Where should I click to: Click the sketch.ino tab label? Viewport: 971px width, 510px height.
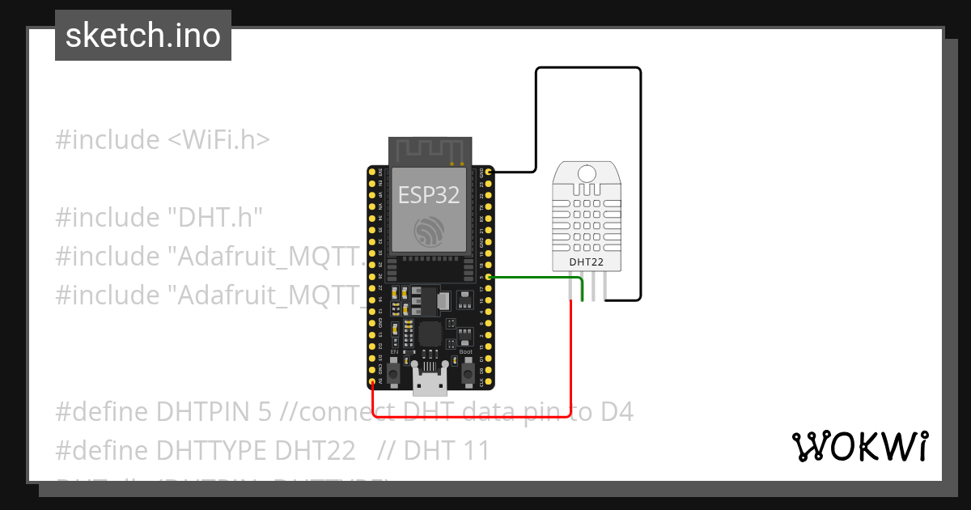[143, 36]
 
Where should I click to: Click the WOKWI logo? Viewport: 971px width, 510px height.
[859, 447]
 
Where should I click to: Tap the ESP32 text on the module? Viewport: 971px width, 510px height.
[429, 194]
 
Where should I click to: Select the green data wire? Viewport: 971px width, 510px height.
[534, 278]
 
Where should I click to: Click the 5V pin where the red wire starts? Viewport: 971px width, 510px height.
[372, 381]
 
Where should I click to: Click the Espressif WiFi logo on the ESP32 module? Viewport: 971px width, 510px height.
[428, 232]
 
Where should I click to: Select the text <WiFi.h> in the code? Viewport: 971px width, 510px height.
[218, 139]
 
